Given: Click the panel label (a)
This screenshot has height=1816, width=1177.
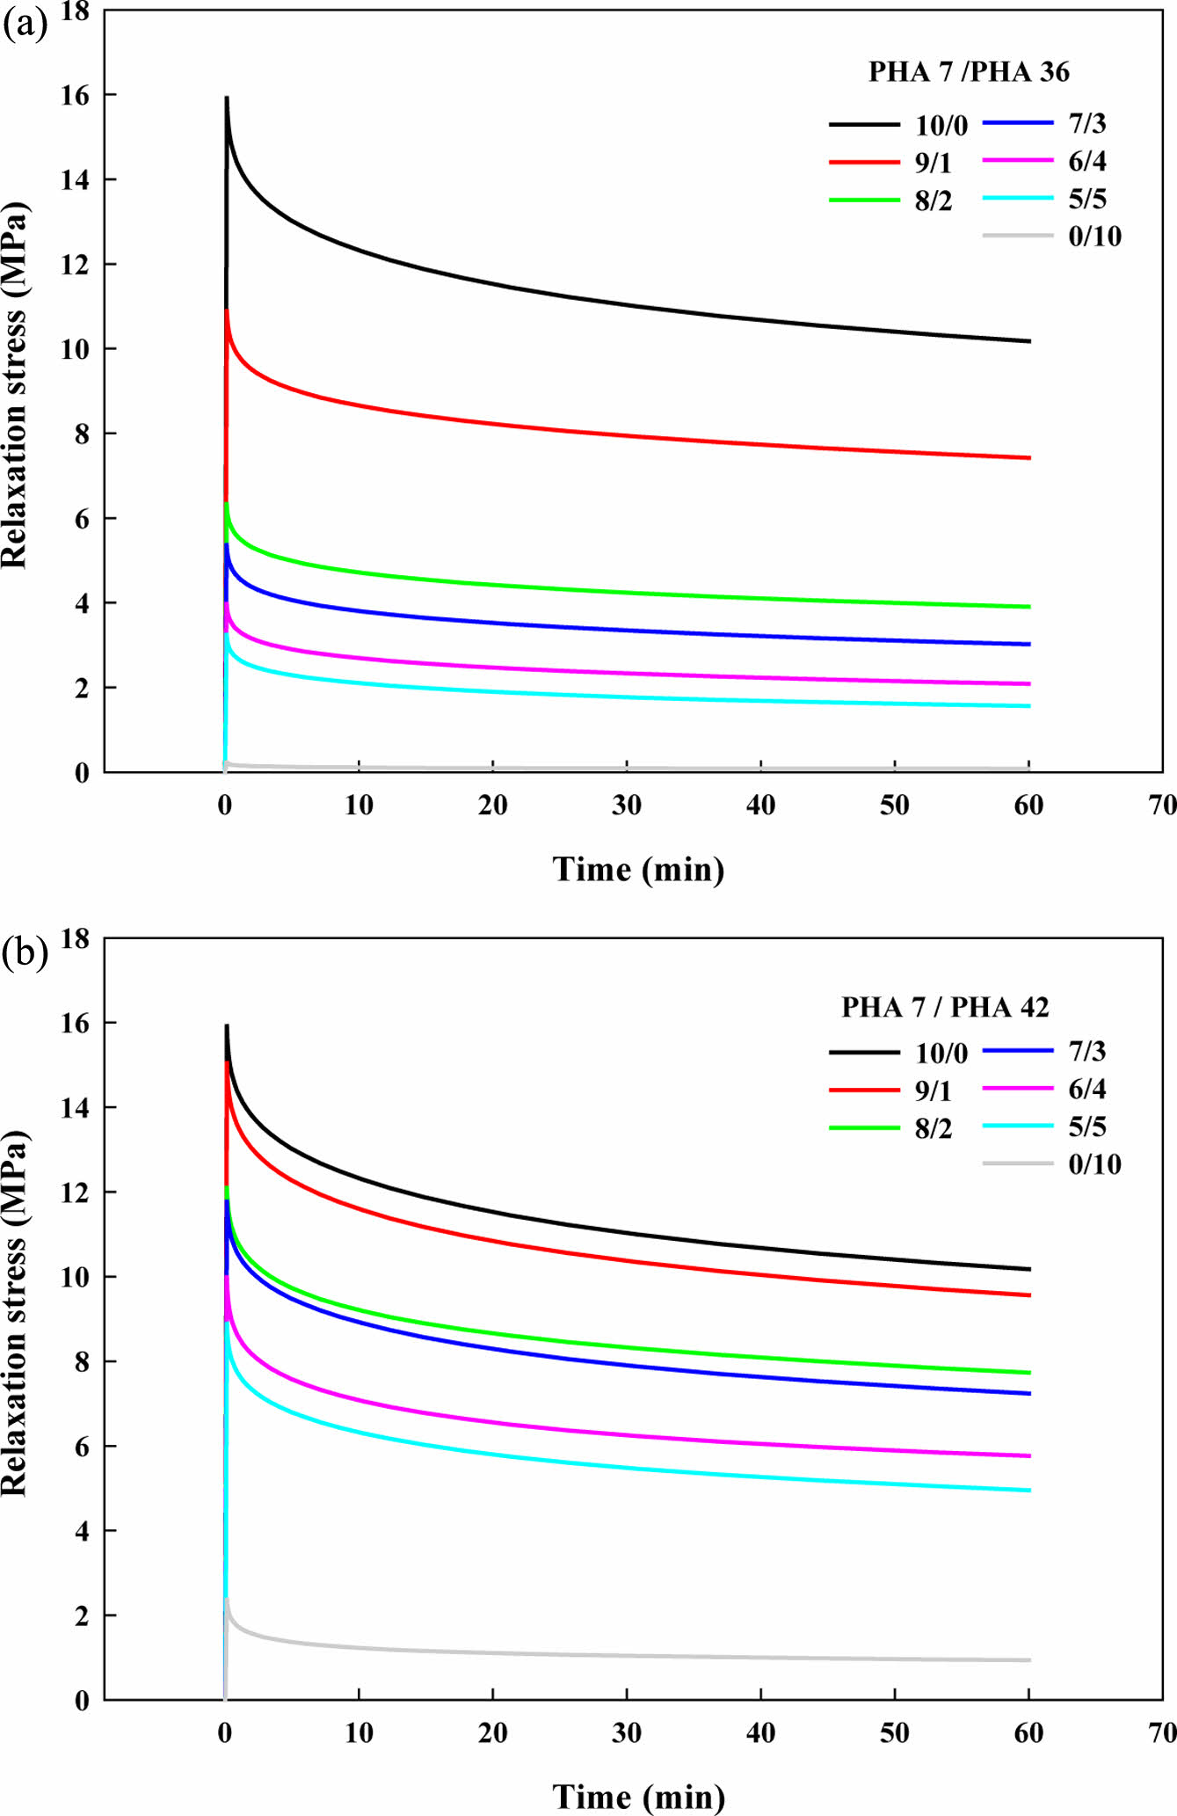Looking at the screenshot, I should [x=25, y=25].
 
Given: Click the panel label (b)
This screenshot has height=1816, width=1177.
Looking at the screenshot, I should [x=25, y=952].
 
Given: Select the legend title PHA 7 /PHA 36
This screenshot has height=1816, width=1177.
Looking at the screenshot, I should [x=969, y=72].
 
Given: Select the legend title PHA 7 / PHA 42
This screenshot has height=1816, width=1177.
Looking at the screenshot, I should [x=945, y=1007].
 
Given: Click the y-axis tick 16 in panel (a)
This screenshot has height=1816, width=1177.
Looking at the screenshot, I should [x=75, y=95].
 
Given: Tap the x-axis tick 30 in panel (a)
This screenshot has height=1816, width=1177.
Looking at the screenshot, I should [x=627, y=805].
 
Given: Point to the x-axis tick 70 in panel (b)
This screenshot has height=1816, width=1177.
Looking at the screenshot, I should [x=1162, y=1732].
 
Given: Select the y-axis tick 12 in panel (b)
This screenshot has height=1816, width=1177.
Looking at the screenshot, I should [x=75, y=1192].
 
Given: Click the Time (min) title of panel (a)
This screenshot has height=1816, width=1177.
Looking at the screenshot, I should [x=638, y=869].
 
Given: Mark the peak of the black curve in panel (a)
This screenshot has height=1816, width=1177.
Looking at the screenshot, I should [x=227, y=98].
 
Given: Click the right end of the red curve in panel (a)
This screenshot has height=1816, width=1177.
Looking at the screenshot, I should [x=1029, y=458].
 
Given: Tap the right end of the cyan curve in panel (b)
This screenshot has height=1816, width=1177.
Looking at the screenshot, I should [x=1029, y=1491].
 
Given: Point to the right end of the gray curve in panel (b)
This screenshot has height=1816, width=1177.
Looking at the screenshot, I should [x=1029, y=1660].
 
